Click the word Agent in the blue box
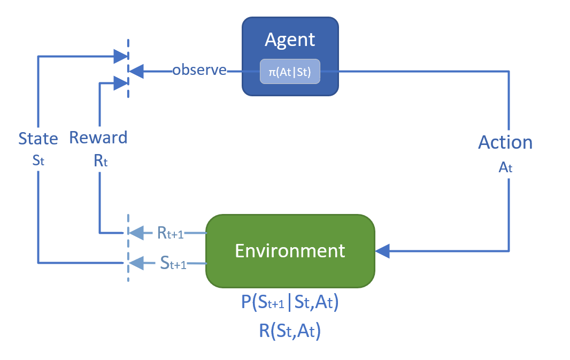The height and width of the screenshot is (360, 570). [290, 40]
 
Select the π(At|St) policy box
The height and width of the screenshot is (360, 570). [290, 71]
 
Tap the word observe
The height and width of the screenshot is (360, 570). [199, 70]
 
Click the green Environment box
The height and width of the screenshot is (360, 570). [290, 251]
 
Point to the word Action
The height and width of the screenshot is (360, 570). [505, 142]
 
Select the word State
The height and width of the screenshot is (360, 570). [38, 139]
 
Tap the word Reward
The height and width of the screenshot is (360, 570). [98, 137]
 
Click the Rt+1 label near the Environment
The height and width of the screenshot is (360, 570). [170, 233]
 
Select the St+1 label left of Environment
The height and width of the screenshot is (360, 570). [173, 263]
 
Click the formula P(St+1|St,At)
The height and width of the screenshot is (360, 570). [290, 303]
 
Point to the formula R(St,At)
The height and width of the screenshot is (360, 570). [290, 331]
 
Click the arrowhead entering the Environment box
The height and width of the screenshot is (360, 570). [383, 250]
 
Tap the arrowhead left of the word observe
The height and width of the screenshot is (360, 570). [136, 70]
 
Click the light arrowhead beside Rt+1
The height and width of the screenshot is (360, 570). [137, 233]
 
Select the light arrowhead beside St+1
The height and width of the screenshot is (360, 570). [137, 263]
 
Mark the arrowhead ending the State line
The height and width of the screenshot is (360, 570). [121, 55]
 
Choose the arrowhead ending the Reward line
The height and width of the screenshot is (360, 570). [121, 82]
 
